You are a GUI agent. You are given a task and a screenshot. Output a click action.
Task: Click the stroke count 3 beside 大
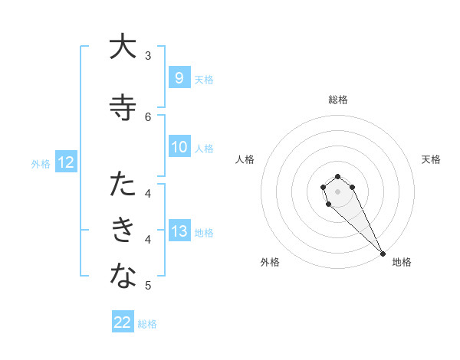[148, 56]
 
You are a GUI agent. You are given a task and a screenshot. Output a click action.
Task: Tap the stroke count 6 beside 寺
[148, 116]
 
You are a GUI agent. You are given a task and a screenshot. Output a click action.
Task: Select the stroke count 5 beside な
[148, 286]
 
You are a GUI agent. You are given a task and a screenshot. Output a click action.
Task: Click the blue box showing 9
[179, 77]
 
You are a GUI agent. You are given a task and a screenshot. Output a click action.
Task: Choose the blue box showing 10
[179, 147]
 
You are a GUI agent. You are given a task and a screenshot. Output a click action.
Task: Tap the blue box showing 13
[179, 231]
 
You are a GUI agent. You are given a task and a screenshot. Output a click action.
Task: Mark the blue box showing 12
[65, 162]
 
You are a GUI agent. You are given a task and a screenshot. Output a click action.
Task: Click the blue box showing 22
[123, 322]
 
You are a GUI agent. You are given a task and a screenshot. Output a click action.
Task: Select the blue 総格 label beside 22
[147, 324]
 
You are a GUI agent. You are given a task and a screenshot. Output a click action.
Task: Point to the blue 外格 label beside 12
[41, 163]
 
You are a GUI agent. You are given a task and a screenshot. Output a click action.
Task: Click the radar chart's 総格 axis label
[338, 100]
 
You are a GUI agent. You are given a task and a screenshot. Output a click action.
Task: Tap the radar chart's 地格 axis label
[402, 262]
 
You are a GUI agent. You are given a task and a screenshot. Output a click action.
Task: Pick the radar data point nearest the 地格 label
[383, 254]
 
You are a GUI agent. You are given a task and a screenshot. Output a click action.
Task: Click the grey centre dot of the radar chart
[337, 191]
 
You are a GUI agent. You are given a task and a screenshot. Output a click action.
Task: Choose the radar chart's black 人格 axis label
[245, 159]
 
